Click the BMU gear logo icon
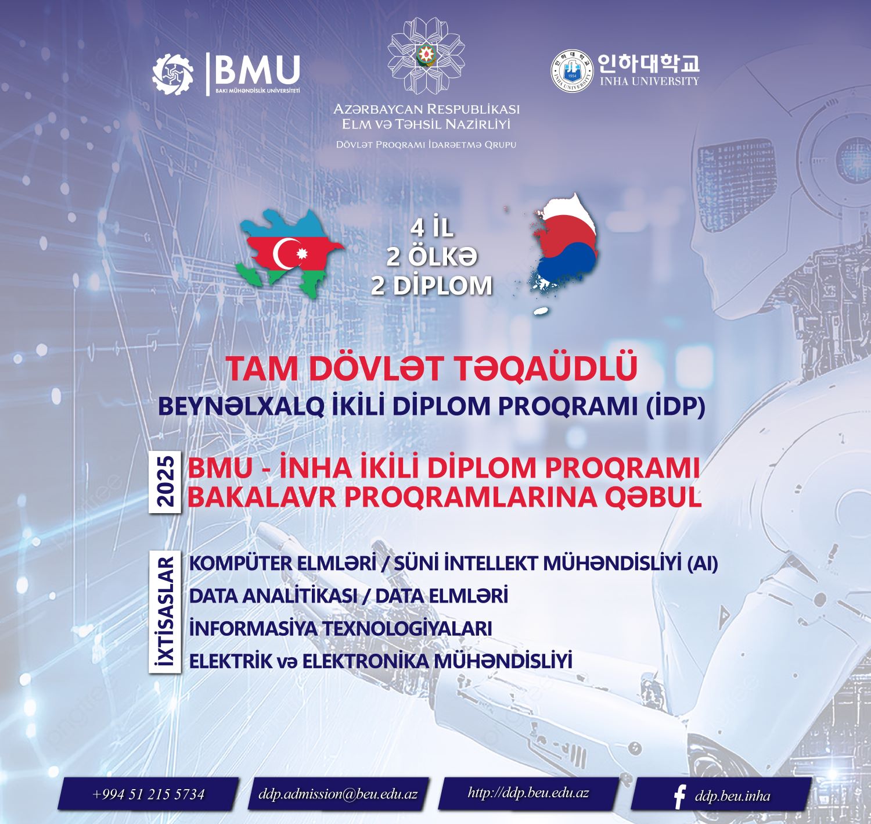tap(172, 73)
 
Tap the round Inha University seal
tap(573, 71)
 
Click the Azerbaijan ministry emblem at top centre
tap(426, 56)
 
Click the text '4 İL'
tap(431, 228)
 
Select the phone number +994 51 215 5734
tap(148, 794)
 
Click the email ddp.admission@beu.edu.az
tap(338, 794)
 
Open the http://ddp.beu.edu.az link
tap(528, 793)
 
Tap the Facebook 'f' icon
tap(679, 796)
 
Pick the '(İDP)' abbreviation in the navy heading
tap(675, 406)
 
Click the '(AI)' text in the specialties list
tap(701, 563)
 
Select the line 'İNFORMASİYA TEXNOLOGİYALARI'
tap(340, 628)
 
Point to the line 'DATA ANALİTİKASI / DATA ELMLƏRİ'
tap(348, 596)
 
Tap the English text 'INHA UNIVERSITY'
tap(649, 81)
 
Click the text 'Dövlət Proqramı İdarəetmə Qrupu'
tap(426, 144)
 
